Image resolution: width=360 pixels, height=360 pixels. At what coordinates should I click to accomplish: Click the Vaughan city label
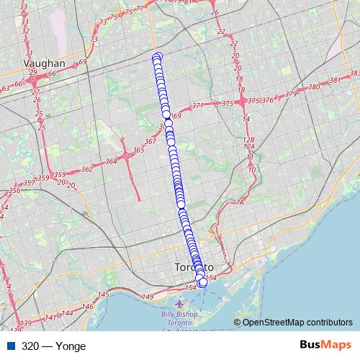pyautogui.click(x=44, y=63)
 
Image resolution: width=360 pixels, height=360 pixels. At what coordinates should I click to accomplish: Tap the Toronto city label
pyautogui.click(x=194, y=267)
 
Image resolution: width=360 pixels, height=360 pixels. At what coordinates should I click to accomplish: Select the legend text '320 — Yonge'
pyautogui.click(x=53, y=346)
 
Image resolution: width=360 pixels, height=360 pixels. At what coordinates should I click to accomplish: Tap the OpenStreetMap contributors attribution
pyautogui.click(x=294, y=323)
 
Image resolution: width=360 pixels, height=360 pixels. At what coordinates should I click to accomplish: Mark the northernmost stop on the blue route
pyautogui.click(x=157, y=56)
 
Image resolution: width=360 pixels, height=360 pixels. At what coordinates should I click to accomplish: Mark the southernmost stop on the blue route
pyautogui.click(x=202, y=283)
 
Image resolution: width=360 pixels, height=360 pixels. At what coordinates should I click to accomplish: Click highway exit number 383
pyautogui.click(x=354, y=73)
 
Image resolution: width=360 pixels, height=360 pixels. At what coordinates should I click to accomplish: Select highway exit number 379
pyautogui.click(x=291, y=94)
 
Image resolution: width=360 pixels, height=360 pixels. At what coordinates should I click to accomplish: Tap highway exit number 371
pyautogui.click(x=198, y=105)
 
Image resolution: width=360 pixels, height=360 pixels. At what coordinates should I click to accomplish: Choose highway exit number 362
pyautogui.click(x=87, y=169)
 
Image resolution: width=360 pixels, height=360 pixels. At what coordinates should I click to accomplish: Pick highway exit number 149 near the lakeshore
pyautogui.click(x=148, y=297)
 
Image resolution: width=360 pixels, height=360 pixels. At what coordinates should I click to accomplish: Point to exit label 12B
pyautogui.click(x=249, y=140)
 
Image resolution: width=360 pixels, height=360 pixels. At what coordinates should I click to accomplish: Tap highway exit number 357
pyautogui.click(x=29, y=184)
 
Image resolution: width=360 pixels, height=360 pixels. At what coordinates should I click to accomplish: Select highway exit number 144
pyautogui.click(x=68, y=313)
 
